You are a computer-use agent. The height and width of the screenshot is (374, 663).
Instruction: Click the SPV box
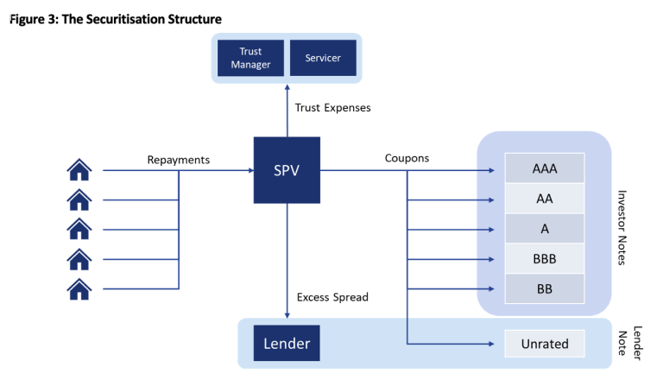(287, 169)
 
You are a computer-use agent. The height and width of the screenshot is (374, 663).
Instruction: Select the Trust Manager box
(250, 59)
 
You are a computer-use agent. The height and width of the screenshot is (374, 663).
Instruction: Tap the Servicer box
(323, 59)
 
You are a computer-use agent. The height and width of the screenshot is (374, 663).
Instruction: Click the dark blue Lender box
(287, 344)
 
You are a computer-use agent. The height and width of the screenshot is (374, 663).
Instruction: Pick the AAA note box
(545, 168)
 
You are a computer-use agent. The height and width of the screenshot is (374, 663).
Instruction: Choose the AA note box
(545, 199)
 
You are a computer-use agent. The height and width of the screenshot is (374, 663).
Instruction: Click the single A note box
(545, 228)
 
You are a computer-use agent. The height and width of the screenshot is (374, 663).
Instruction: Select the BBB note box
(545, 258)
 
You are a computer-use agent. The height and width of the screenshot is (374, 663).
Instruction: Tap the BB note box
(545, 288)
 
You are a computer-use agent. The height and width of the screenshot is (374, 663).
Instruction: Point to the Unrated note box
(545, 344)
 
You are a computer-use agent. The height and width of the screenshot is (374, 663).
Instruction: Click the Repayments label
(179, 159)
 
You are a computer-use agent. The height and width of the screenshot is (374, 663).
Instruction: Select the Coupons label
(407, 159)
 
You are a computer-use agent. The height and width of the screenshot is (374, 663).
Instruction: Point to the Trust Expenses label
(332, 108)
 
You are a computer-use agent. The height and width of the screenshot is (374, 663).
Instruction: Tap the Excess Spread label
(332, 297)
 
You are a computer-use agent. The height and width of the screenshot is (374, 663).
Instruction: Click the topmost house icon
(79, 169)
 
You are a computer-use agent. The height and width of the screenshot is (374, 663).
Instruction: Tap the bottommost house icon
(79, 288)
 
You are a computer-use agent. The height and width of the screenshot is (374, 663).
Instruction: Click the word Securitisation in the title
(119, 19)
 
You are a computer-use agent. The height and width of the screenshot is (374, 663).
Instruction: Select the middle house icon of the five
(79, 229)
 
